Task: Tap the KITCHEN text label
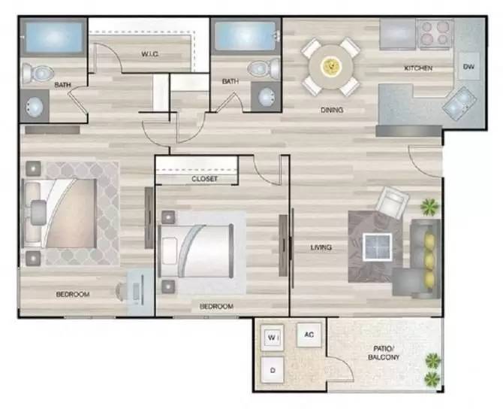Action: click(418, 68)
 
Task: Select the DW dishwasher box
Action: click(468, 66)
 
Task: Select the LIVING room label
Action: click(322, 247)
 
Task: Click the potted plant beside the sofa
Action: click(430, 205)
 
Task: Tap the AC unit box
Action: click(309, 335)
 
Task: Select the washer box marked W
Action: click(273, 339)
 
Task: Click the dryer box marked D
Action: click(273, 370)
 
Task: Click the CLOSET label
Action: click(204, 179)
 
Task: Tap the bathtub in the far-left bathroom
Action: click(53, 37)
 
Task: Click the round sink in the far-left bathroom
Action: click(35, 107)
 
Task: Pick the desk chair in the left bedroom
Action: click(123, 289)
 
